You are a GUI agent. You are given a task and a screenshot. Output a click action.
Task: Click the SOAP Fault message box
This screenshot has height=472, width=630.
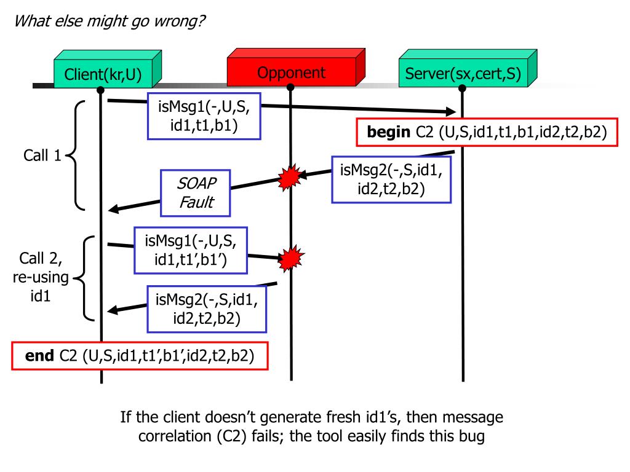coord(196,193)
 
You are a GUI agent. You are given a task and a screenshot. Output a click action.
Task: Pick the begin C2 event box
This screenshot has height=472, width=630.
coord(487,132)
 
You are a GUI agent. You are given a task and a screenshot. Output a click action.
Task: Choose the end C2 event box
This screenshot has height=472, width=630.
coord(140,356)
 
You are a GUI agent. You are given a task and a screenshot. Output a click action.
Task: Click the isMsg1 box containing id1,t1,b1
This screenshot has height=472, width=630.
coord(204,116)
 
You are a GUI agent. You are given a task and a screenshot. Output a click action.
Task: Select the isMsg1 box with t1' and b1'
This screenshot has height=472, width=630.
coord(191,251)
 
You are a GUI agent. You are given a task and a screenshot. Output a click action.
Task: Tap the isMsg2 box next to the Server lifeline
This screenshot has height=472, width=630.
coord(391,179)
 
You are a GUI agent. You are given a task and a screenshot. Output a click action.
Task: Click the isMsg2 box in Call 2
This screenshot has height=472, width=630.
coord(207,309)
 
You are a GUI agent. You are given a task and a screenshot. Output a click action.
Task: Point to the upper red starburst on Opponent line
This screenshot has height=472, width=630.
coord(290,177)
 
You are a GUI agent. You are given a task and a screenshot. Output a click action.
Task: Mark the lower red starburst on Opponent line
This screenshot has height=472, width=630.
coord(291,258)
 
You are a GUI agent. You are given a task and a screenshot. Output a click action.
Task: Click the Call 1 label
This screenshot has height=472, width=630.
coord(42,155)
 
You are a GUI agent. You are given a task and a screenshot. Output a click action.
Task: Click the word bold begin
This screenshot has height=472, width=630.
coord(389,132)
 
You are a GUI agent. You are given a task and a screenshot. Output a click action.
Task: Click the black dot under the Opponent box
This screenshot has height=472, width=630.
coord(290,87)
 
